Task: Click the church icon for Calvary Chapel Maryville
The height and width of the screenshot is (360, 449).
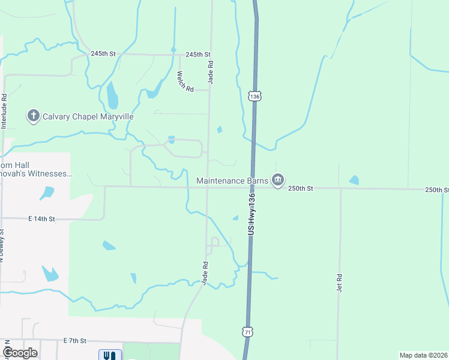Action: pos(34,116)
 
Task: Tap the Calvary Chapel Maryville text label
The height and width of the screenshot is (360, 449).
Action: pos(88,116)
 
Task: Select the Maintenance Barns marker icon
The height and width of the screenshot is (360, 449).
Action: pos(277,180)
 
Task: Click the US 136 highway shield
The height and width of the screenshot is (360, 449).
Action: pos(255,96)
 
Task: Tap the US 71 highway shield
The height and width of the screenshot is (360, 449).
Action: pos(249,331)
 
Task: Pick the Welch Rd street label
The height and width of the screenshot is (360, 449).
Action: pos(185,82)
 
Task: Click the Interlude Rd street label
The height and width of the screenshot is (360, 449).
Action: pos(4,111)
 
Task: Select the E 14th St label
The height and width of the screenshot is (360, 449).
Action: pos(41,220)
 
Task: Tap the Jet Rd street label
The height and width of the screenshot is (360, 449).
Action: pos(339,283)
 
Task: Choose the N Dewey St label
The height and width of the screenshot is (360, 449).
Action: pos(2,247)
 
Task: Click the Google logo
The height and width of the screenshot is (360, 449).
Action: pos(20,353)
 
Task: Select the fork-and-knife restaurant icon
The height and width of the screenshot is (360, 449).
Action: pos(109,355)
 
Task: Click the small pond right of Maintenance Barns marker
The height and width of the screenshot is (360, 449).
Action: pos(354,180)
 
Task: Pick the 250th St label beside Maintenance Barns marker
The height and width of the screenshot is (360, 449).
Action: pos(301,188)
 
